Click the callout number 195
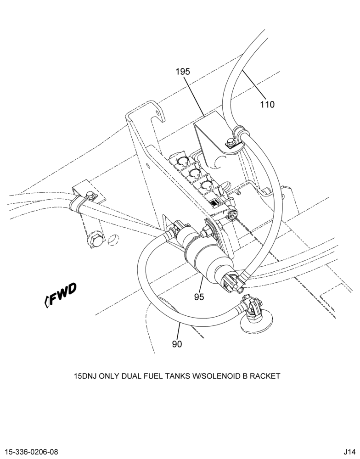(x=183, y=72)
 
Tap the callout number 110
(x=267, y=104)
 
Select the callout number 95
(x=199, y=297)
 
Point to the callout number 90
(x=177, y=344)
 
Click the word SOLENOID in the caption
(x=219, y=376)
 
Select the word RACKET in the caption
(x=265, y=376)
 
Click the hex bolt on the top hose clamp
(x=230, y=143)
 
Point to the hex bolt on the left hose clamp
(x=91, y=195)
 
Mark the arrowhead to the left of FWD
(x=46, y=302)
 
